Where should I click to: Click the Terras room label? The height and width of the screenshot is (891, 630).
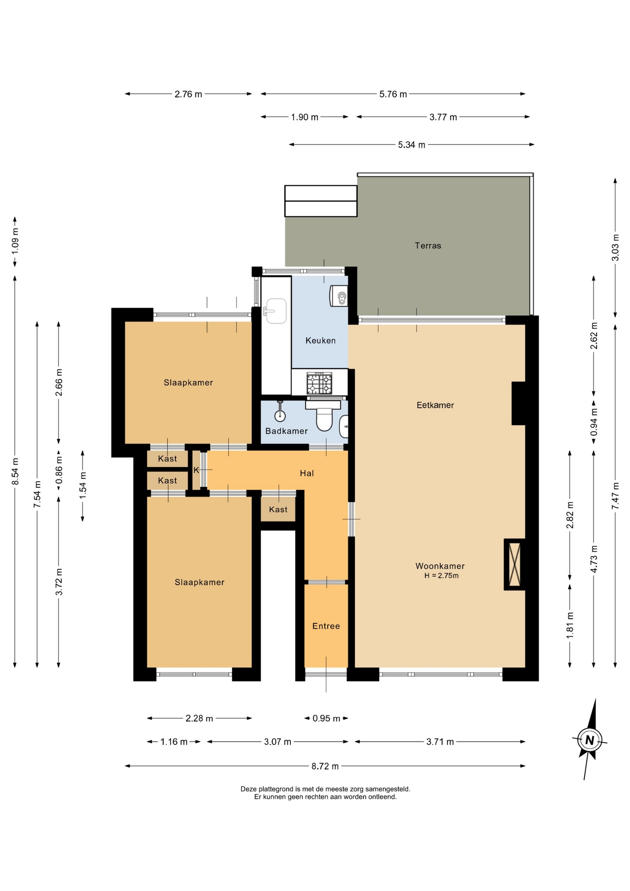coord(428,245)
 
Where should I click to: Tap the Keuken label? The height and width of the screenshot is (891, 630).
coord(320,341)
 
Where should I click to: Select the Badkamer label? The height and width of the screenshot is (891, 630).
coord(286,431)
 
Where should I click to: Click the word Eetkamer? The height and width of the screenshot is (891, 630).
coord(435,405)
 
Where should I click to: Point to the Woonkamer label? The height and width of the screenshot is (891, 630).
coord(440,566)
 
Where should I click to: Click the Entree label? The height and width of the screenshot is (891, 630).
coord(326,626)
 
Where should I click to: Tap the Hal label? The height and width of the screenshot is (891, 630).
coord(307,473)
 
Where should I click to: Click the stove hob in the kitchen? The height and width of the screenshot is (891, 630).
coord(319,383)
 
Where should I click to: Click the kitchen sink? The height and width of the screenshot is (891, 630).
coord(276,311)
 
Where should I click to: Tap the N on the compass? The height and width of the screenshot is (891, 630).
coord(590,740)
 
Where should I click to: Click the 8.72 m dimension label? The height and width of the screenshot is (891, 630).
coord(325,766)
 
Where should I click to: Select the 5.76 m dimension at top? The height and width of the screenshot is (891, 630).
coord(393,94)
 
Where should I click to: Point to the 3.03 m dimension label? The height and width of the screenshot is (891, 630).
coord(615,247)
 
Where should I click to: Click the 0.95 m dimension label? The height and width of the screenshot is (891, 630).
coord(326,718)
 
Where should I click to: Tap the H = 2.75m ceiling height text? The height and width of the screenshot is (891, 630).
coord(441,576)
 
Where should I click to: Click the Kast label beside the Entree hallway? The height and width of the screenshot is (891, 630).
coord(278,510)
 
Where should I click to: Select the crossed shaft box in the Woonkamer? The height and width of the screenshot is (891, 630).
coord(514,564)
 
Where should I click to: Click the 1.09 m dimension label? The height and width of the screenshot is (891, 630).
coord(15,241)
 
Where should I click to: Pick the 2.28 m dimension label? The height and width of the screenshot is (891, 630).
coord(199,718)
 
